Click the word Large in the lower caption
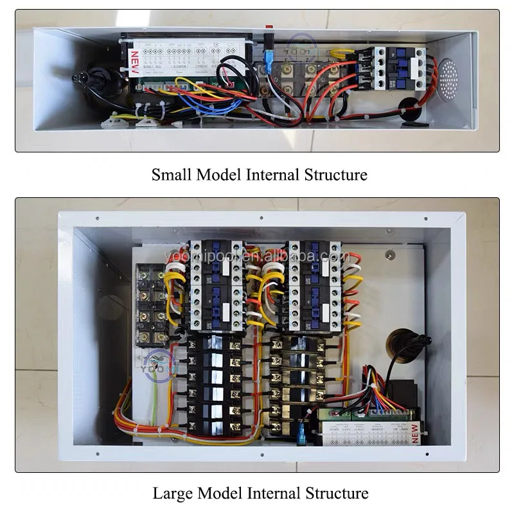point(171,493)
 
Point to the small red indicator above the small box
point(269,26)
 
